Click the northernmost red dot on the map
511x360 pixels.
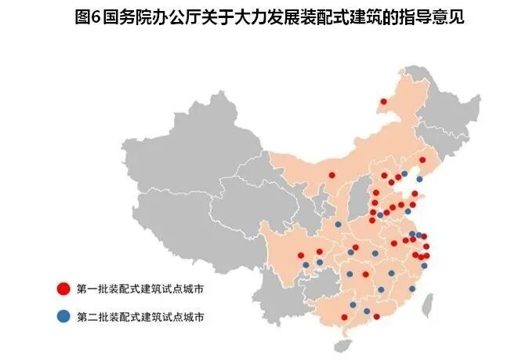[383, 101]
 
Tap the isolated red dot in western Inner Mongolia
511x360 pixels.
[332, 175]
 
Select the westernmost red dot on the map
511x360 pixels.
[301, 255]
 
